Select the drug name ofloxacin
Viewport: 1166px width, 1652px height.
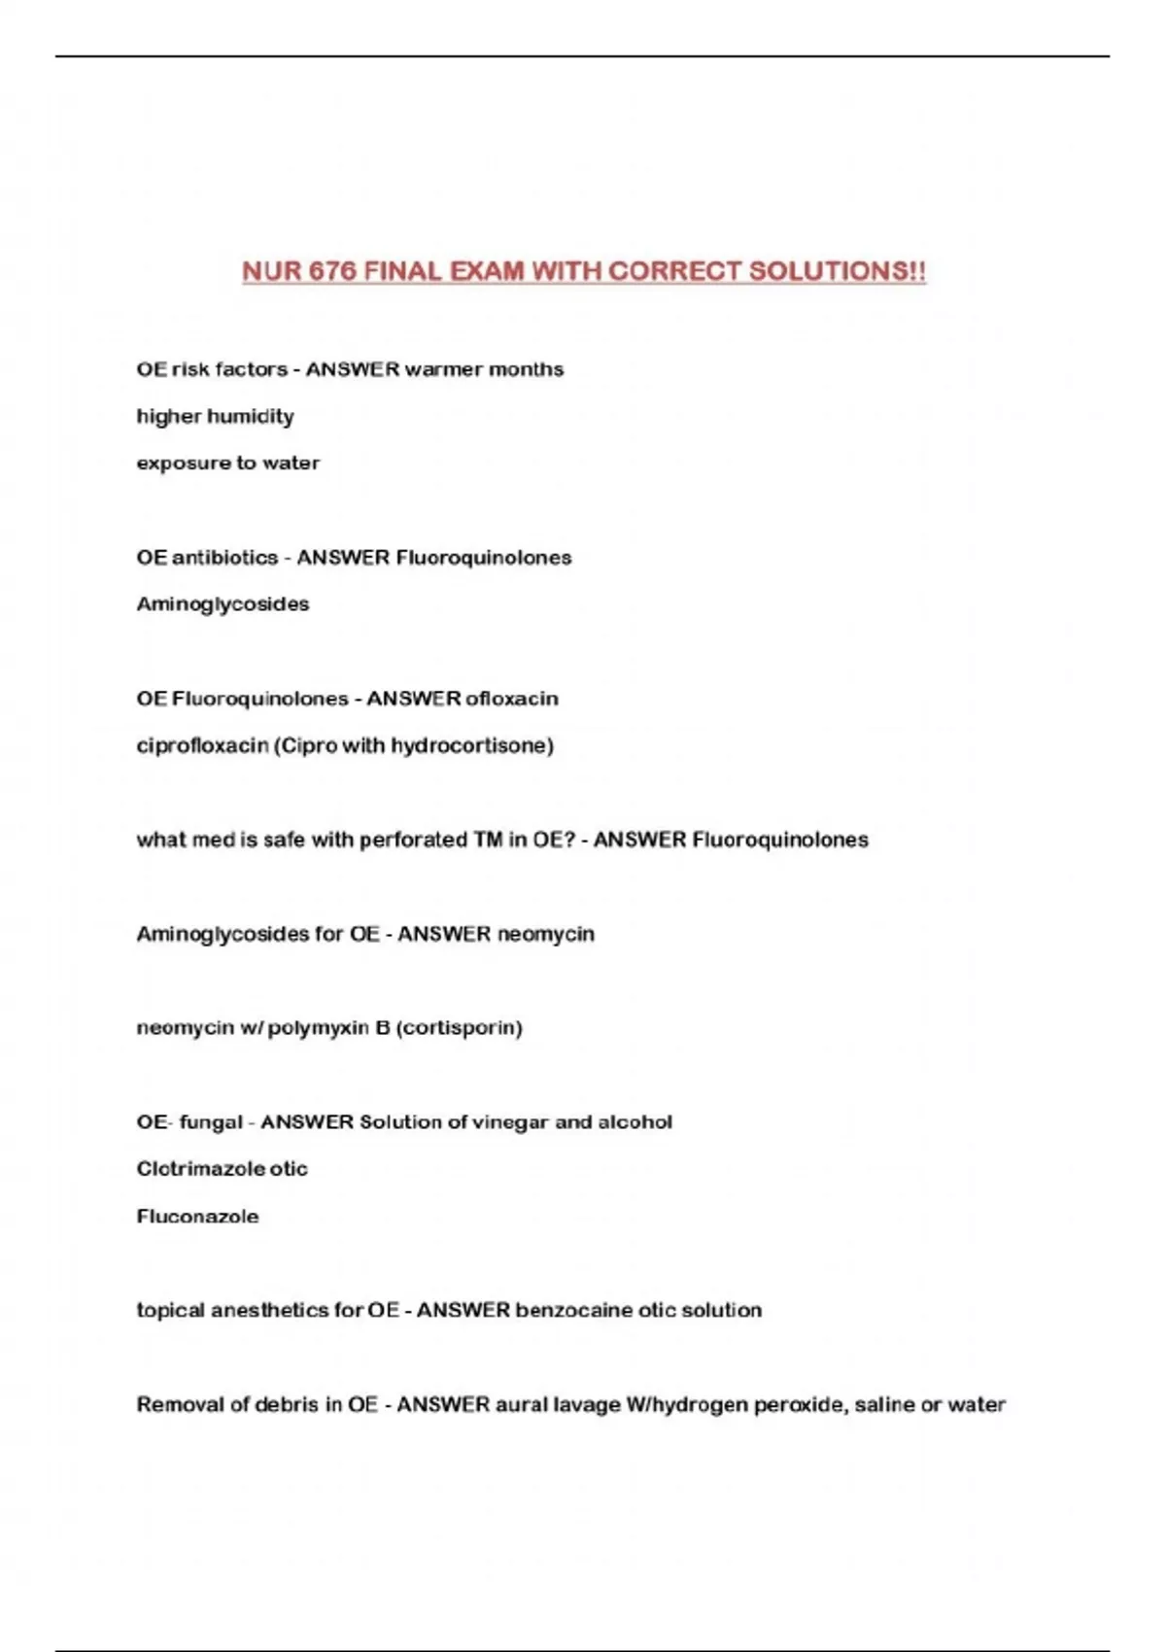(x=512, y=699)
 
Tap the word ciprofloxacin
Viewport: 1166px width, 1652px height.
(x=202, y=745)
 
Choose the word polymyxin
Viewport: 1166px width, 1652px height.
(x=318, y=1028)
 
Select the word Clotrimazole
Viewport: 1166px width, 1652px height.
(x=200, y=1169)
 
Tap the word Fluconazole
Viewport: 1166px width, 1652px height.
(x=197, y=1217)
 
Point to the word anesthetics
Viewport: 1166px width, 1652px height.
(x=270, y=1311)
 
